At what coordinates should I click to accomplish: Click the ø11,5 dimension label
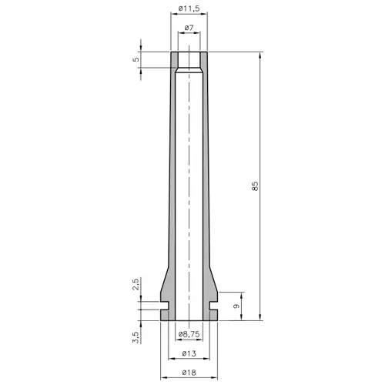pyautogui.click(x=188, y=8)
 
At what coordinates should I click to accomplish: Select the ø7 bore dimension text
pyautogui.click(x=189, y=28)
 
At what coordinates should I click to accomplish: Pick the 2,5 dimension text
pyautogui.click(x=136, y=285)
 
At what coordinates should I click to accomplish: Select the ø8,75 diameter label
pyautogui.click(x=189, y=335)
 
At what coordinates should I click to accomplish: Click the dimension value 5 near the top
pyautogui.click(x=136, y=59)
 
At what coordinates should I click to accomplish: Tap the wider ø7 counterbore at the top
pyautogui.click(x=189, y=60)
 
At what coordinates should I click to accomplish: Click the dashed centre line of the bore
pyautogui.click(x=189, y=192)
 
